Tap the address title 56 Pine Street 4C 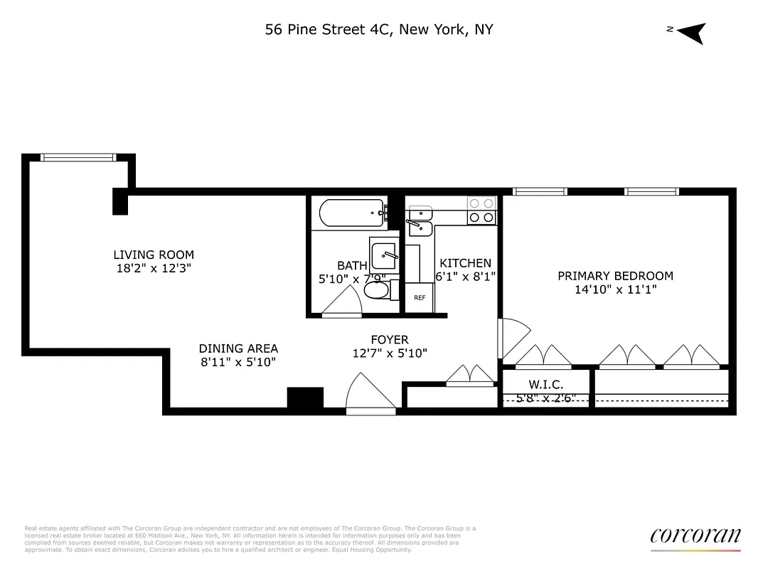coord(378,29)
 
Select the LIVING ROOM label coord(154,255)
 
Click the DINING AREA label coord(238,349)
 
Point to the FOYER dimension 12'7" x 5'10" coord(390,353)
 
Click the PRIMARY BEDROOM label coord(615,276)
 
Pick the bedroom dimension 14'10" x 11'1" coord(615,289)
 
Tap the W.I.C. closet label coord(546,385)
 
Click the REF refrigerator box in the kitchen coord(420,298)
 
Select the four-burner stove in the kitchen coord(481,211)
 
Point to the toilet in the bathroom coord(378,290)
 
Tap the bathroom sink coord(384,252)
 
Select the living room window coord(78,157)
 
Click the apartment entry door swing coord(370,395)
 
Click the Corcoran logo coord(695,537)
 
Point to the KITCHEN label coord(465,263)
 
